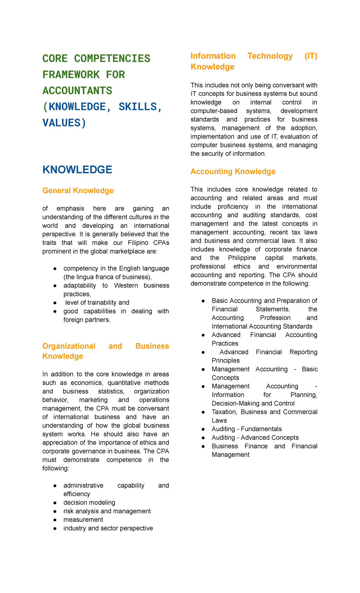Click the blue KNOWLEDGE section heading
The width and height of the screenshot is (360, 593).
(x=77, y=170)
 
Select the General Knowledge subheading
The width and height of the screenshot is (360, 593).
(x=78, y=191)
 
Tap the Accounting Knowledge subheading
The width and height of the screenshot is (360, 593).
(x=233, y=171)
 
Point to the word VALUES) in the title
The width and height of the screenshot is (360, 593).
(x=64, y=123)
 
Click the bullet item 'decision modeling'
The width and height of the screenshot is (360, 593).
(x=89, y=502)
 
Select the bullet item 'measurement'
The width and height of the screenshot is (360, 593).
(x=83, y=519)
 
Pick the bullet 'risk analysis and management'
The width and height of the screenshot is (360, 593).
(x=107, y=511)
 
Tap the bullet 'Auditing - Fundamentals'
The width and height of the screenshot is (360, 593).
(x=247, y=429)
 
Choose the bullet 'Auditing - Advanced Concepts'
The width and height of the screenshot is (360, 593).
(x=255, y=438)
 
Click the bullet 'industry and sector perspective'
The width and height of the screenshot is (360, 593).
(x=108, y=528)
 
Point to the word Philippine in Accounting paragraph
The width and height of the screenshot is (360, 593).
(x=242, y=258)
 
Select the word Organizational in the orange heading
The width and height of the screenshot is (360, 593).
(x=69, y=346)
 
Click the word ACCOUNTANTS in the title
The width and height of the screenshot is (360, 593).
(x=77, y=91)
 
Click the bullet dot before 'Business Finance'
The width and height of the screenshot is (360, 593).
(x=203, y=446)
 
